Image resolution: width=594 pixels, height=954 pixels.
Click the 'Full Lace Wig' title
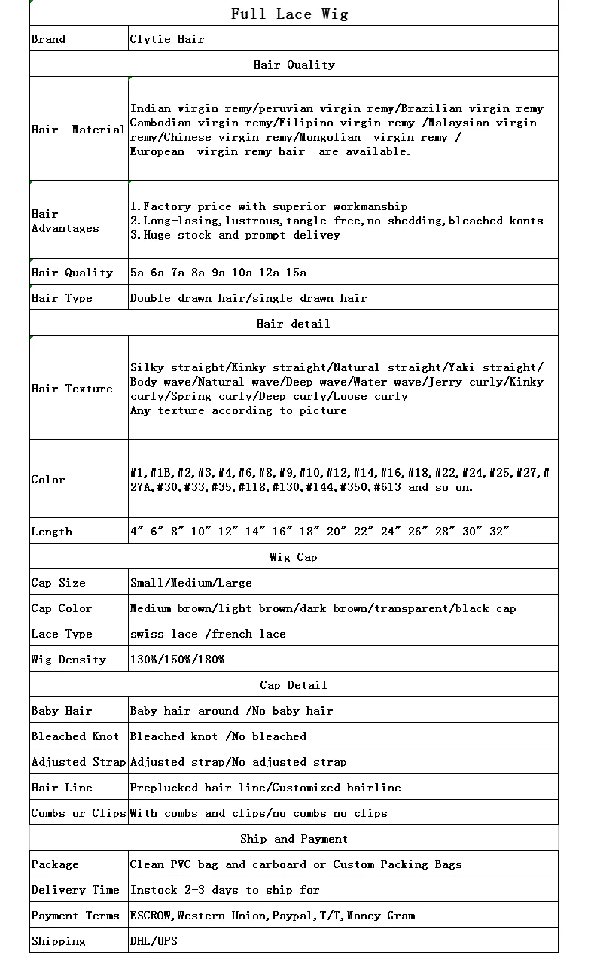pyautogui.click(x=289, y=14)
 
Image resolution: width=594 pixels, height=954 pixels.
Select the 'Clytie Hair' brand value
pyautogui.click(x=166, y=39)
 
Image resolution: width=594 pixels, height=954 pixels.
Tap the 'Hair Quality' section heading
pyautogui.click(x=294, y=65)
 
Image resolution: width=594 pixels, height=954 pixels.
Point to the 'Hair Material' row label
pyautogui.click(x=78, y=130)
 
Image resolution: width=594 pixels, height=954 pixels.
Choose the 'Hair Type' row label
pyautogui.click(x=62, y=298)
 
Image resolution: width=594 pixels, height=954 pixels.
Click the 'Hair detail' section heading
pyautogui.click(x=293, y=324)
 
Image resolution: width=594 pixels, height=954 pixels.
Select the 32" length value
pyautogui.click(x=499, y=532)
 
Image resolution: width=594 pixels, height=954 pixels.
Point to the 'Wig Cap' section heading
pyautogui.click(x=293, y=557)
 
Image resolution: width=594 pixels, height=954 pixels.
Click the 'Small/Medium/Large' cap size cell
pyautogui.click(x=190, y=583)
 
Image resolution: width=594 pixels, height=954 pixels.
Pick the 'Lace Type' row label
pyautogui.click(x=62, y=634)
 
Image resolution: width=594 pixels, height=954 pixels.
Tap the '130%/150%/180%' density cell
pyautogui.click(x=177, y=660)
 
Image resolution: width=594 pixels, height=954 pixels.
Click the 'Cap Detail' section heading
pyautogui.click(x=293, y=685)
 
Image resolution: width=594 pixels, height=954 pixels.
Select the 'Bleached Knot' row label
pyautogui.click(x=75, y=736)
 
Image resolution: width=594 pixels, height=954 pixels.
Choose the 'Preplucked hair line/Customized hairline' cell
pyautogui.click(x=265, y=788)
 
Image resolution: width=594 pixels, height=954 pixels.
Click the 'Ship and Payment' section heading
pyautogui.click(x=294, y=839)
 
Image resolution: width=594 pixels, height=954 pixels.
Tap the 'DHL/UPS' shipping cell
pyautogui.click(x=154, y=941)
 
